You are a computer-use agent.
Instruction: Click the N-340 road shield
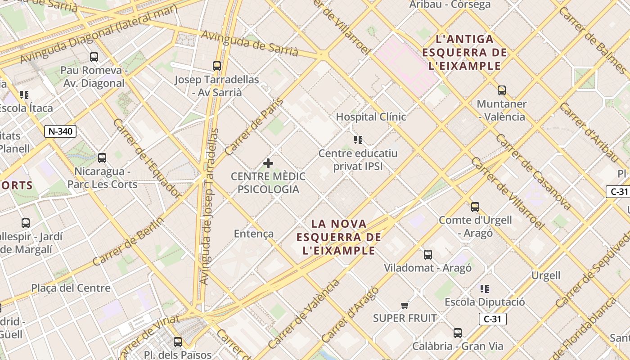[x=60, y=131]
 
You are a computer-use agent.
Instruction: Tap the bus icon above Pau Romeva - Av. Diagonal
[x=94, y=57]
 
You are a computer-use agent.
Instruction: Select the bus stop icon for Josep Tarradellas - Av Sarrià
[x=217, y=66]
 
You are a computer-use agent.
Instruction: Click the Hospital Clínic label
[x=371, y=117]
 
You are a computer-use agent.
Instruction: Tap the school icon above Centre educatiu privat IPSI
[x=358, y=140]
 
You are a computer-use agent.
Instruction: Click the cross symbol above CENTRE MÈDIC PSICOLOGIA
[x=268, y=163]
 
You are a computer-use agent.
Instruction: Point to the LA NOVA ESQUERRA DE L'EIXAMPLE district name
[x=339, y=237]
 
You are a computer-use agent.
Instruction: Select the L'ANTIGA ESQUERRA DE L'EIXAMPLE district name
[x=465, y=53]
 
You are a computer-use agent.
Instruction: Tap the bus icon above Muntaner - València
[x=501, y=90]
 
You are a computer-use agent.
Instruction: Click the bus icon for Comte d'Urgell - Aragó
[x=475, y=207]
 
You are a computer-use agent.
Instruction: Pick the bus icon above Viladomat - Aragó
[x=428, y=255]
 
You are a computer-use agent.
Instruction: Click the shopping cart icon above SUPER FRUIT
[x=405, y=306]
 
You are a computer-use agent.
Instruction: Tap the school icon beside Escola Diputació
[x=485, y=288]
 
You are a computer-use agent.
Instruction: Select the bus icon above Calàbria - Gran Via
[x=458, y=333]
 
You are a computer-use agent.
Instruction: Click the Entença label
[x=254, y=234]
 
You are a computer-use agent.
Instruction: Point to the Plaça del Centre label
[x=71, y=288]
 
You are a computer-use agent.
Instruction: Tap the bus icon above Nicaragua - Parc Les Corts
[x=102, y=158]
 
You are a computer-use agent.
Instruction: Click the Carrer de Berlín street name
[x=128, y=242]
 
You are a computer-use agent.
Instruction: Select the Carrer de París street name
[x=254, y=126]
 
